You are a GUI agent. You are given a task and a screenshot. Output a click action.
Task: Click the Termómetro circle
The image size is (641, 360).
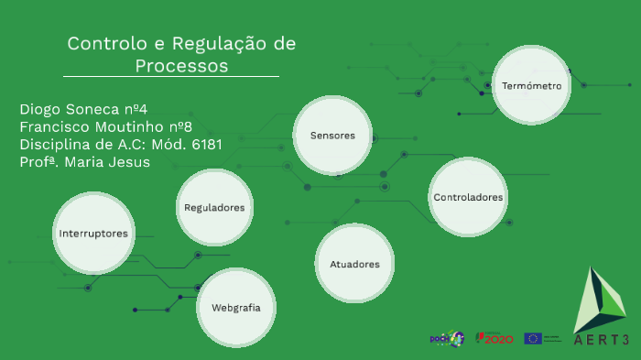pos(531,85)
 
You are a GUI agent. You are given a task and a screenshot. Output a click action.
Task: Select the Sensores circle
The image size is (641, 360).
pos(332,136)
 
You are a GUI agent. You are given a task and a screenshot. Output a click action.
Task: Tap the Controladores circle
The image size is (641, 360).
pos(468,197)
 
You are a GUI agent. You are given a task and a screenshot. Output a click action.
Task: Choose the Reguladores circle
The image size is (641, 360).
pos(214,208)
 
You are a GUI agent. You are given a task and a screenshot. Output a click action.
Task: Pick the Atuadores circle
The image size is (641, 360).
pos(354,264)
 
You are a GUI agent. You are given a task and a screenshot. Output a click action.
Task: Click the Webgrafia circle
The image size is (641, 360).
pos(235,308)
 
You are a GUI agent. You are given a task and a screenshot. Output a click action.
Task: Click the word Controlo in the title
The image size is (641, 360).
pos(101,44)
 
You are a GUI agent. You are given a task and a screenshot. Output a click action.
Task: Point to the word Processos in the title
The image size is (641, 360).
pos(181,66)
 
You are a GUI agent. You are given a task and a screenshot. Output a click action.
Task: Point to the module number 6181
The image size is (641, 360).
pos(200,144)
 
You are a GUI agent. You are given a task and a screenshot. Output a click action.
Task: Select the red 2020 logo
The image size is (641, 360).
pos(494,339)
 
